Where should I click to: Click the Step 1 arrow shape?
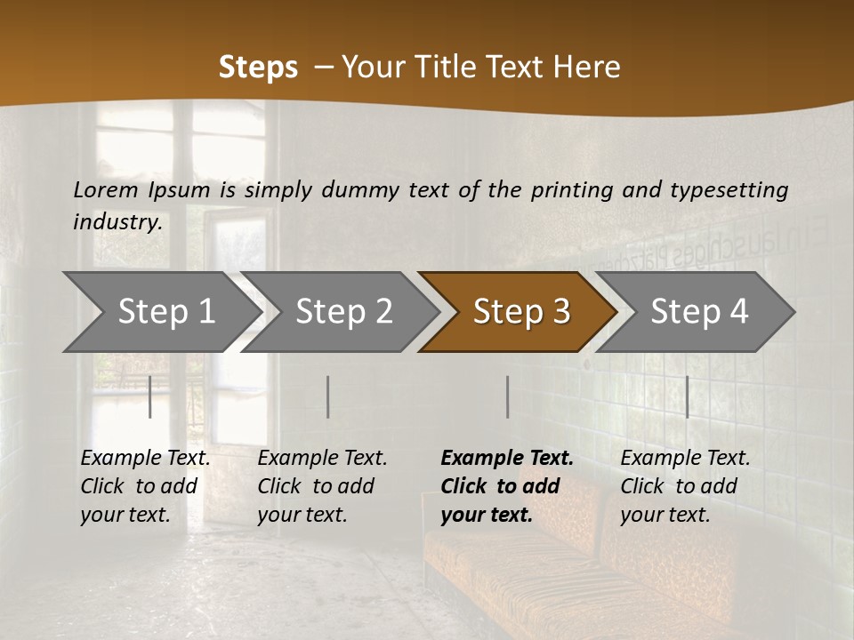point(165,312)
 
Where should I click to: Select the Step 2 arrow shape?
point(343,312)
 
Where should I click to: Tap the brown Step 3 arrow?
point(521,312)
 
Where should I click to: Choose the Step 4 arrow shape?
point(699,312)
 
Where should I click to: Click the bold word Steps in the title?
point(258,68)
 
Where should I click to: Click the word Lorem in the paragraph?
point(104,190)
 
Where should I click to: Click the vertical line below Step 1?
point(150,396)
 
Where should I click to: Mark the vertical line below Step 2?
point(328,396)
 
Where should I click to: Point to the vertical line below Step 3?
point(507,396)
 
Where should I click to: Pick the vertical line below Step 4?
point(687,396)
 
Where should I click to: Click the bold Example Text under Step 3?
point(507,459)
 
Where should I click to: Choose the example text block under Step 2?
point(322,486)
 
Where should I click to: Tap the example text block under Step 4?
point(685,486)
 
